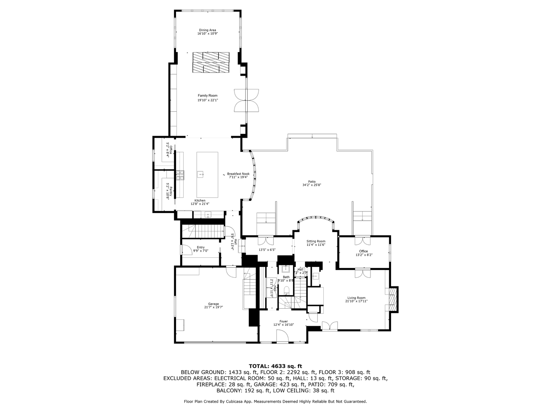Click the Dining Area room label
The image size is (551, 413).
coord(207,30)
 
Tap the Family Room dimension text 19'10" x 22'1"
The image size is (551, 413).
coord(207,100)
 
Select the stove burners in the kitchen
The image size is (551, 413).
coord(180,175)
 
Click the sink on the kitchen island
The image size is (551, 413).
coord(201,174)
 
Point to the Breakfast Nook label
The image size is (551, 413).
coord(238,174)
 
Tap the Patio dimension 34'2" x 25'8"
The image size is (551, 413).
coord(311,185)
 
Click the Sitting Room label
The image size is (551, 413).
coord(316,241)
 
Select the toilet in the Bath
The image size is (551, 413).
coord(286,289)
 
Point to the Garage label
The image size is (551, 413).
coord(214,304)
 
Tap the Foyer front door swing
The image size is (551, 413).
coord(282,337)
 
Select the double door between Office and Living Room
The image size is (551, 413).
coord(362,274)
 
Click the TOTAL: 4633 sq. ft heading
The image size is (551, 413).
coord(275,366)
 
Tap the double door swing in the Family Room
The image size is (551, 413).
coord(246,101)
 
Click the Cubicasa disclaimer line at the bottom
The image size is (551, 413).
coord(275,402)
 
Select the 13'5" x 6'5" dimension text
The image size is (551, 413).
coord(267,250)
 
